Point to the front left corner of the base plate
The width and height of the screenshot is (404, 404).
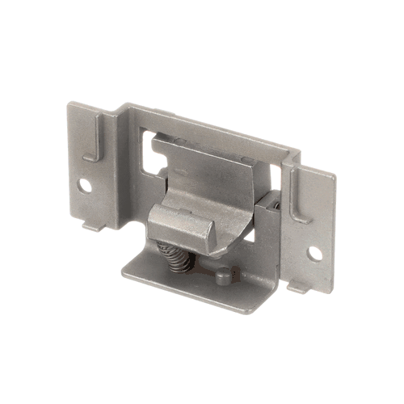122,269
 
